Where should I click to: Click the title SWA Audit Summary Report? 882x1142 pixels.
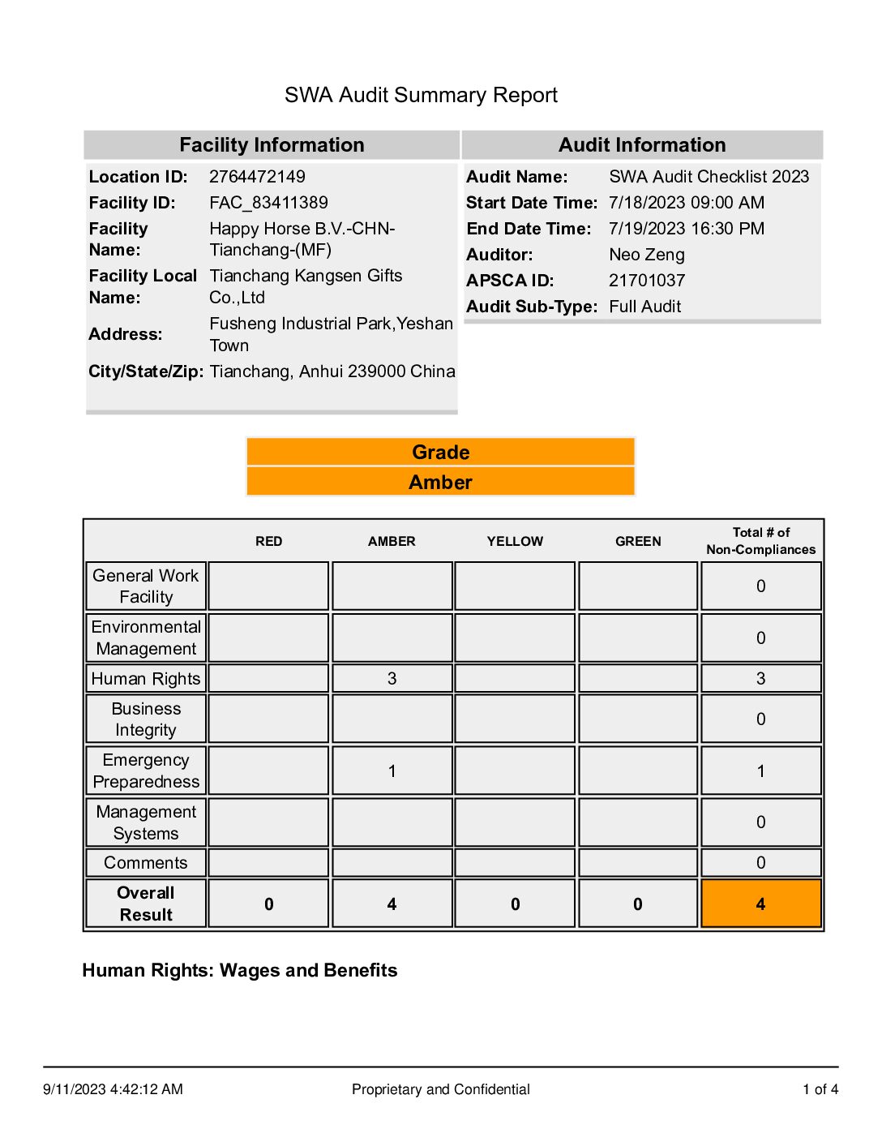[x=421, y=95]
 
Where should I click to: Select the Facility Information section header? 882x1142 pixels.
[x=272, y=145]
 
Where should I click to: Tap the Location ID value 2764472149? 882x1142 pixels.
[x=257, y=177]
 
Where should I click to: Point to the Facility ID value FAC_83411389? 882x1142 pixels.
[x=268, y=203]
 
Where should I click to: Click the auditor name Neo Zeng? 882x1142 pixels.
[x=646, y=255]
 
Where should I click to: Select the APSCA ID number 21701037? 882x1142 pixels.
[x=646, y=281]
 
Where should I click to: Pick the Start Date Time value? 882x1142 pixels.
[x=686, y=203]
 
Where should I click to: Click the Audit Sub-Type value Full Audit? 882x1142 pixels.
[x=644, y=307]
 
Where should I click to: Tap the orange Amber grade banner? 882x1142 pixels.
[x=440, y=483]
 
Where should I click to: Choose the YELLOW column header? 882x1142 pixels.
[x=515, y=541]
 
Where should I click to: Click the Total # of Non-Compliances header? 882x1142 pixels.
[x=760, y=541]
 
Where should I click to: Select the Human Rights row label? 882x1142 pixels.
[x=146, y=679]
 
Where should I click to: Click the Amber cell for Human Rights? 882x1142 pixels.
[x=392, y=679]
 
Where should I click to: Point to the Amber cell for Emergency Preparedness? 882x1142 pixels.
[x=392, y=771]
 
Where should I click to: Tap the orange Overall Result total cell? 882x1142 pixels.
[x=760, y=904]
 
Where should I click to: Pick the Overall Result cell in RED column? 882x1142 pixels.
[x=268, y=904]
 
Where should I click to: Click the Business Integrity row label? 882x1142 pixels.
[x=146, y=719]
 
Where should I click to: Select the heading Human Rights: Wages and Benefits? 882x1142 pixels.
[x=240, y=971]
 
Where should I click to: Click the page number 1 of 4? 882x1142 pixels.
[x=820, y=1089]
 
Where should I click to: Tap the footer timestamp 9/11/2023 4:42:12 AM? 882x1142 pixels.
[x=113, y=1089]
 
